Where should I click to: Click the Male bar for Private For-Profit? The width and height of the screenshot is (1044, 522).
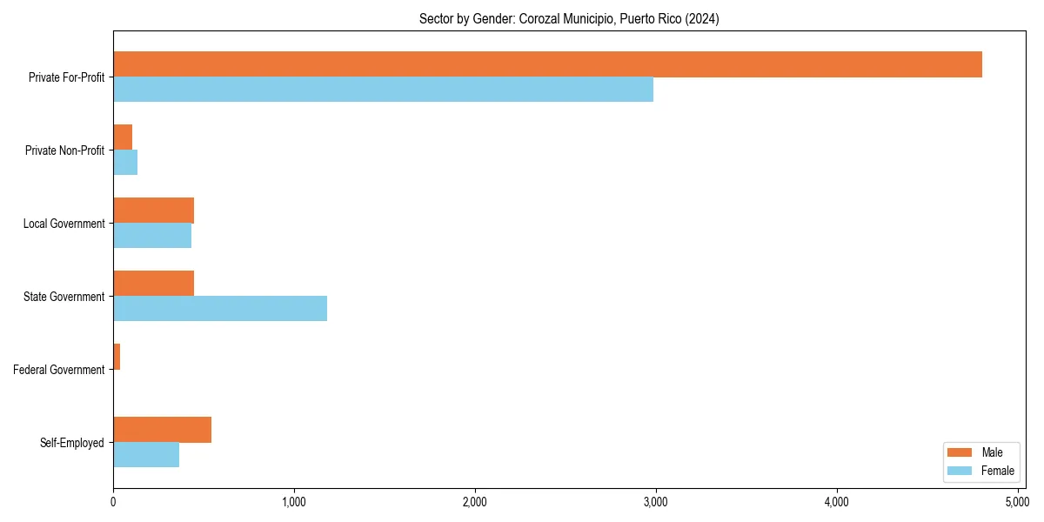point(547,64)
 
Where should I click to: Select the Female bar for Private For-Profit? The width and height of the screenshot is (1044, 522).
point(383,90)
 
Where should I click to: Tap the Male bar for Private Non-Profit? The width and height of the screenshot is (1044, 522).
point(123,137)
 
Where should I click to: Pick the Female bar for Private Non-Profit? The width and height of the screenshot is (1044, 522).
point(125,163)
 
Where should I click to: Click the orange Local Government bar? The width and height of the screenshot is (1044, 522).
point(153,211)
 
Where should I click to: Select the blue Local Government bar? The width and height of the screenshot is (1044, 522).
point(152,236)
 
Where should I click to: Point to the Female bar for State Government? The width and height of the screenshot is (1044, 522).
point(220,309)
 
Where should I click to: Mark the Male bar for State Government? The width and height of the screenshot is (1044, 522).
point(153,284)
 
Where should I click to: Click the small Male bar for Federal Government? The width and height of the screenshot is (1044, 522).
point(117,357)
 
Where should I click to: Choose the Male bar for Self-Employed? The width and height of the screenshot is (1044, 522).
point(162,430)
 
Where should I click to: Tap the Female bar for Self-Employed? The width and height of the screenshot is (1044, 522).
point(146,455)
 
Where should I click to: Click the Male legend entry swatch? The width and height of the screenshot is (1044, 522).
point(959,452)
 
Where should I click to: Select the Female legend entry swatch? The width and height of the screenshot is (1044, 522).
point(959,471)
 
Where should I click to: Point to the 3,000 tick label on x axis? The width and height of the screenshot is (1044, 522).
point(655,502)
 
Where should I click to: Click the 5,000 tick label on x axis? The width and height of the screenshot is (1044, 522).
point(1017,502)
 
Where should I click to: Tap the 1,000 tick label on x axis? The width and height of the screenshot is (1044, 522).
point(293,502)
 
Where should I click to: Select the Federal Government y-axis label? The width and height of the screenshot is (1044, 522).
point(59,370)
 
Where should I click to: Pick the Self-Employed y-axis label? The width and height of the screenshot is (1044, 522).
point(72,443)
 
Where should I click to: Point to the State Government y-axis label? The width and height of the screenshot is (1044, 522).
point(64,297)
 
